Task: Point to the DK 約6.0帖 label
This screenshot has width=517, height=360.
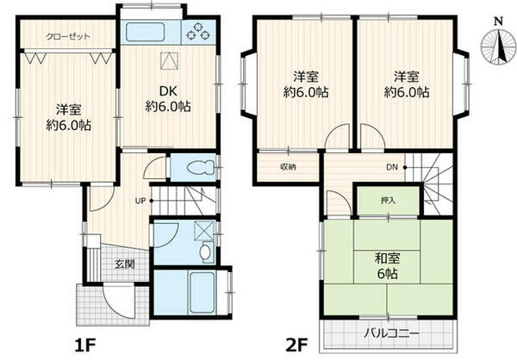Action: [x=167, y=99]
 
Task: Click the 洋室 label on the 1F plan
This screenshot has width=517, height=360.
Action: [x=68, y=117]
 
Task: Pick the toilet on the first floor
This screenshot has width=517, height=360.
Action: [x=193, y=167]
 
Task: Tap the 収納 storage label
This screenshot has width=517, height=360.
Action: [x=287, y=166]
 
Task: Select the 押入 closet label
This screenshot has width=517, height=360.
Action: [x=388, y=200]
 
